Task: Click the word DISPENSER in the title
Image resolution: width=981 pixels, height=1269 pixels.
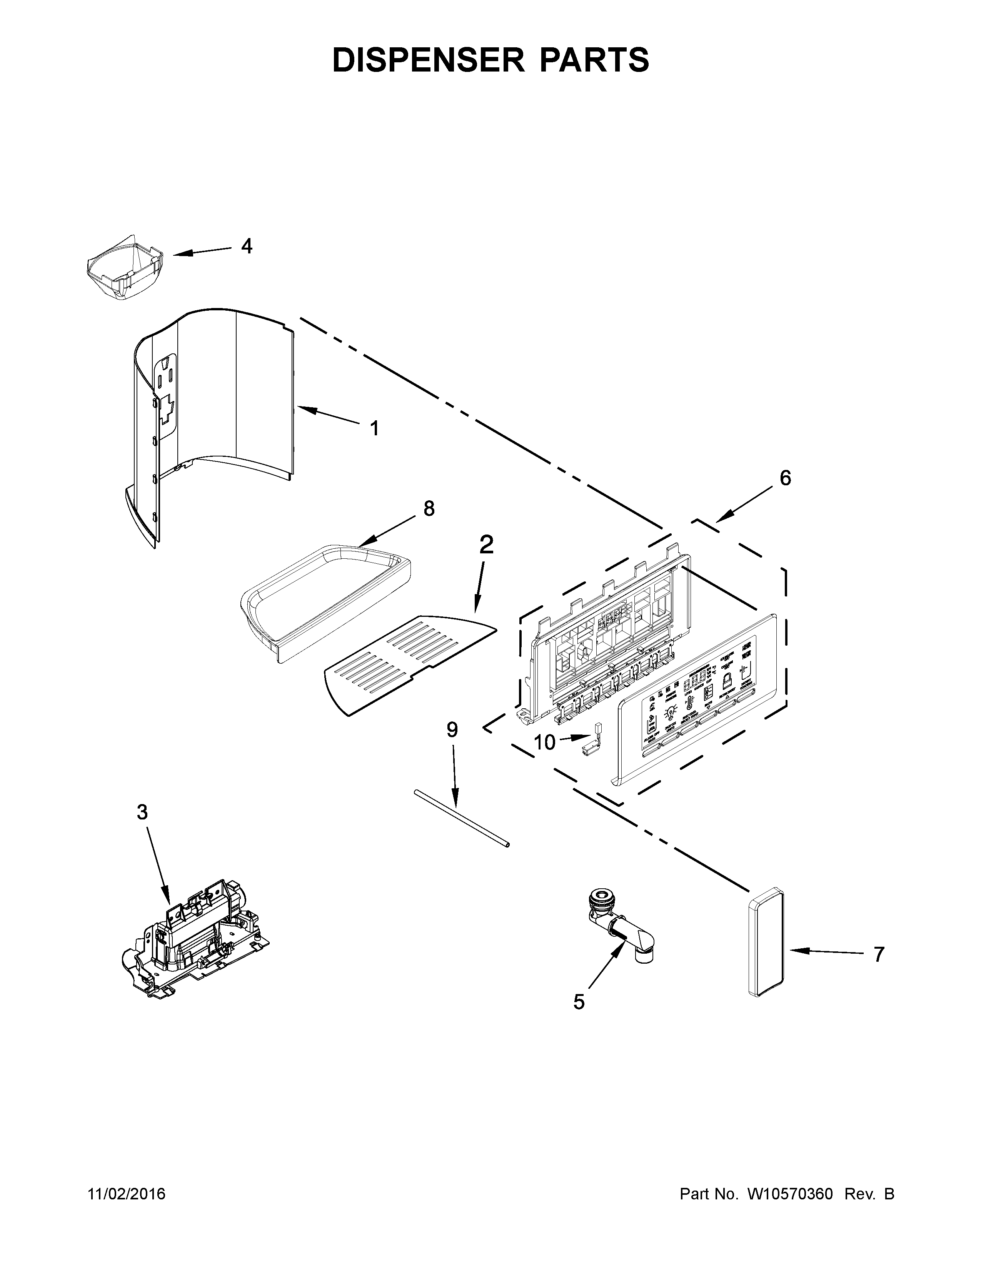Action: (428, 60)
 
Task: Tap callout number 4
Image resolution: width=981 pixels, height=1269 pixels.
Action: (247, 246)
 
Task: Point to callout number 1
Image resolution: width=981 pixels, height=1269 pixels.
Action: (374, 429)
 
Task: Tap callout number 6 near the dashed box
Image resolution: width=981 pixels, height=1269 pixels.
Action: (785, 478)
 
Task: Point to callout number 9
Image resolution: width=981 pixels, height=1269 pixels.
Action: (452, 730)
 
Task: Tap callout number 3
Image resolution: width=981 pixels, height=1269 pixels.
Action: (142, 812)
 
